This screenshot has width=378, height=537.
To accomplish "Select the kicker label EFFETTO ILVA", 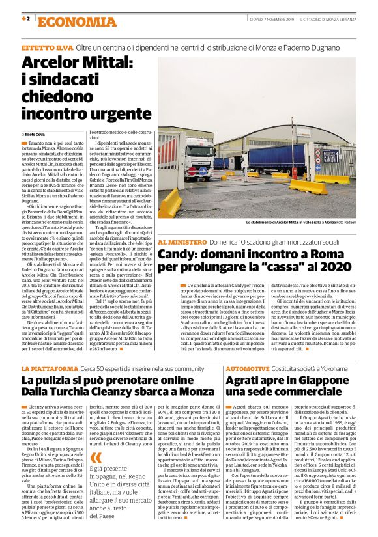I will pyautogui.click(x=47, y=49).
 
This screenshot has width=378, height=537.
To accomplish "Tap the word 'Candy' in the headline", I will pyautogui.click(x=177, y=255).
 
